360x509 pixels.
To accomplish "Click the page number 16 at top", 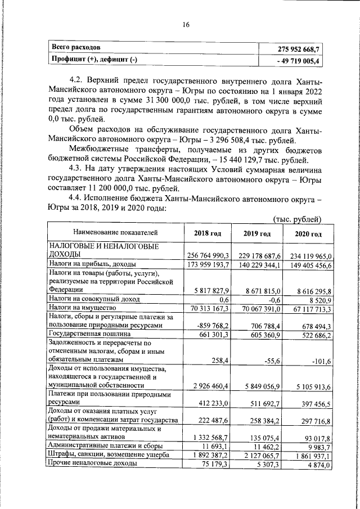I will pos(186,25).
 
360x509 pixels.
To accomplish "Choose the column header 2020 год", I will pos(309,233).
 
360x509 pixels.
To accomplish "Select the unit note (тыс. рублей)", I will pos(297,219).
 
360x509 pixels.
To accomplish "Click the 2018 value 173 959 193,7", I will pos(207,264).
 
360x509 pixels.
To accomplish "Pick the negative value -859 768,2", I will pos(211,326).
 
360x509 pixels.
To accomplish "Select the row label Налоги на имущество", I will pos(82,308).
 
